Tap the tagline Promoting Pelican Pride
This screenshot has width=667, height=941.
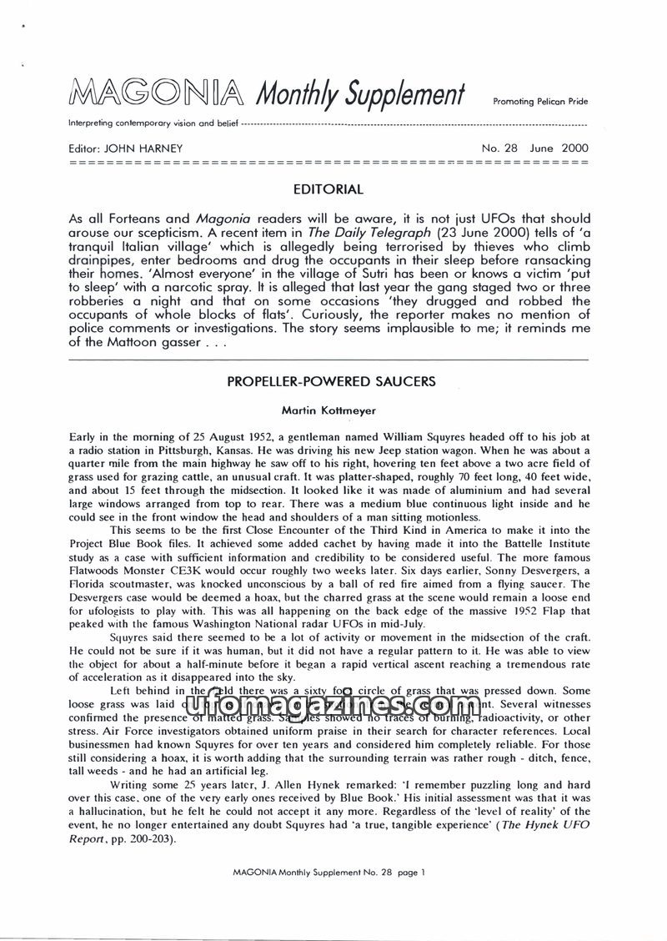coord(541,102)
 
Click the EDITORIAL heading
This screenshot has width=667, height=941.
coord(329,189)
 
